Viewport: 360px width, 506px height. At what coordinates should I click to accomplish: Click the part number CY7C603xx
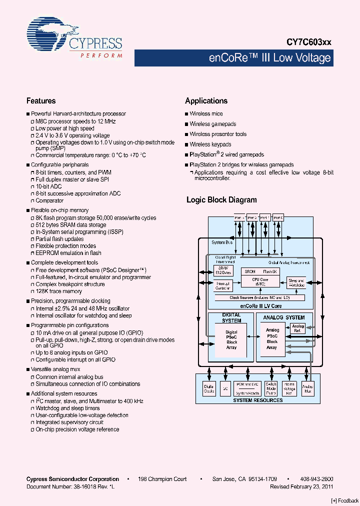point(308,43)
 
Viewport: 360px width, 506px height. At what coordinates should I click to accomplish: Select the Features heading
point(41,100)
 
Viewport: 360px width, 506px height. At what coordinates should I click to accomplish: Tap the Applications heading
point(206,100)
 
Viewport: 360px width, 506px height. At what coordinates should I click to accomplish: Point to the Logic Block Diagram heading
point(221,200)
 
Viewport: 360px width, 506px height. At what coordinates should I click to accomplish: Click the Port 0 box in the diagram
point(278,217)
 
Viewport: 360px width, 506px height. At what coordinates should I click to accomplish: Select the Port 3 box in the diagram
point(239,217)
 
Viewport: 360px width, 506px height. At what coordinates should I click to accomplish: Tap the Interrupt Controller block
point(222,286)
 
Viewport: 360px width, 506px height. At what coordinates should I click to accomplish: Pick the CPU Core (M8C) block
point(259,281)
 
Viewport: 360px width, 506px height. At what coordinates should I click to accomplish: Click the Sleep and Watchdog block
point(296,282)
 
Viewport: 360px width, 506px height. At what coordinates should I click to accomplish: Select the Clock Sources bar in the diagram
point(259,297)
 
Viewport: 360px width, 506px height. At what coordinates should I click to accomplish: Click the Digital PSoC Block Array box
point(231,339)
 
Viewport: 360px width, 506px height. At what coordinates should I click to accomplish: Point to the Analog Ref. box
point(298,328)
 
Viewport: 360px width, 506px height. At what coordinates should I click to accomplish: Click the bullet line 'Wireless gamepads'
point(212,124)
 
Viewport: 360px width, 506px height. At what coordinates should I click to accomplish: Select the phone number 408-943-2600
point(318,479)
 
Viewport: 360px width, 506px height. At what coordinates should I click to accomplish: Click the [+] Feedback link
point(344,500)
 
